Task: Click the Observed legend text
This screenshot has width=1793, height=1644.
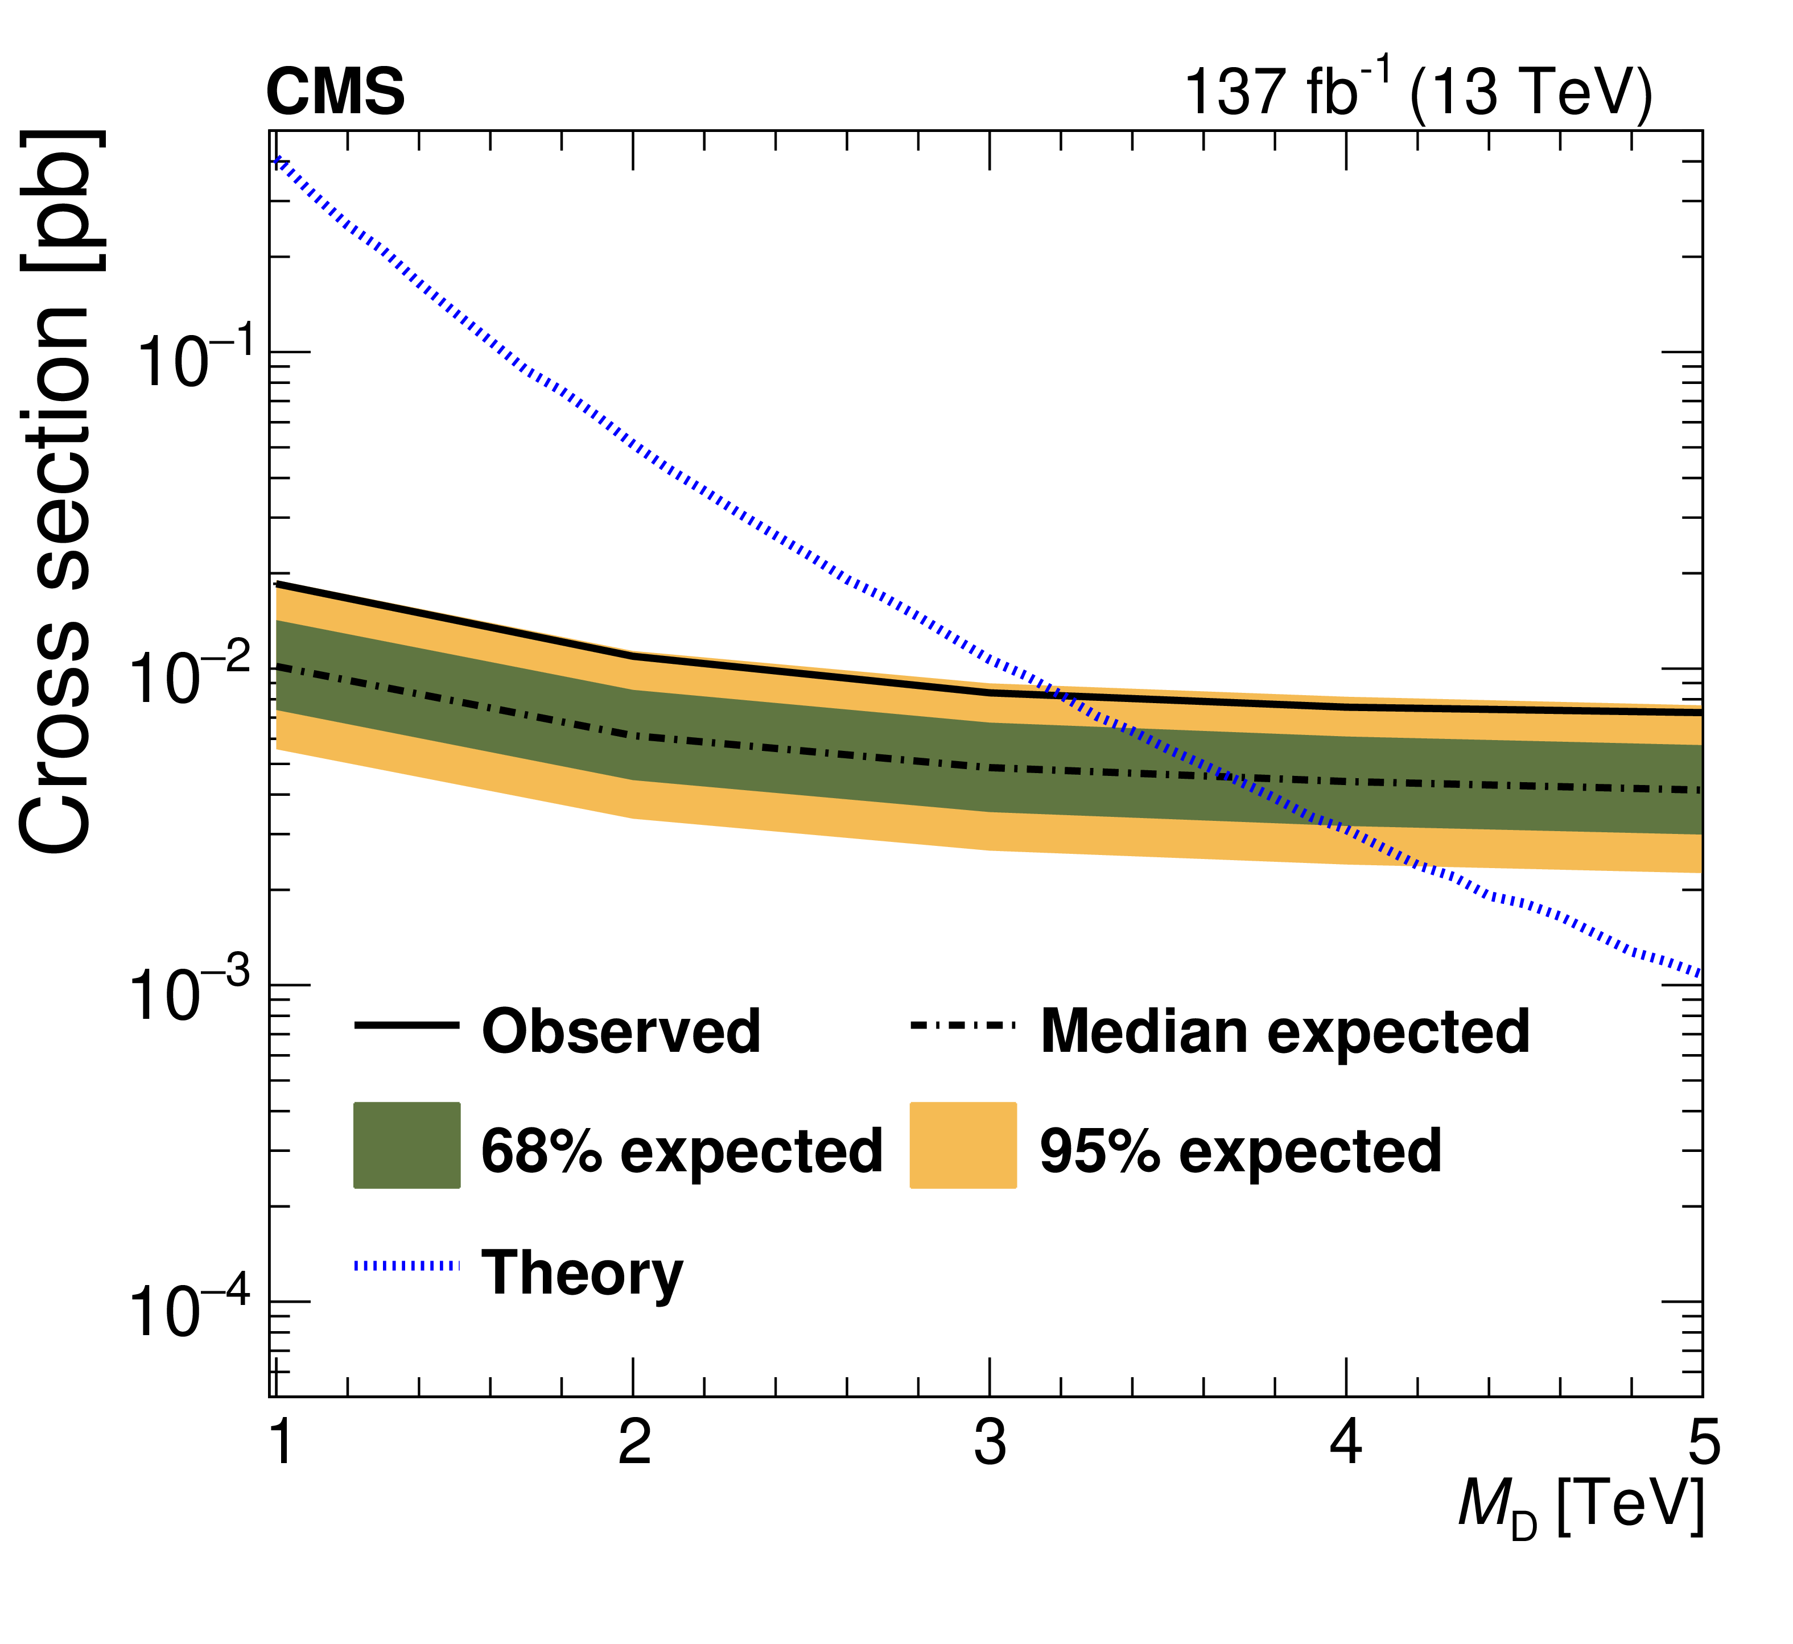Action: point(620,1032)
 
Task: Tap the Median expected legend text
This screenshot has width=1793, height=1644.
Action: point(1285,1032)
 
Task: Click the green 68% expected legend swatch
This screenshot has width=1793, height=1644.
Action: point(407,1146)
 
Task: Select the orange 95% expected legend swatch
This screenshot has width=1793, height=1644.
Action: point(963,1146)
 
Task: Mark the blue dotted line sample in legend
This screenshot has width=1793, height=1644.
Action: point(407,1266)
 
